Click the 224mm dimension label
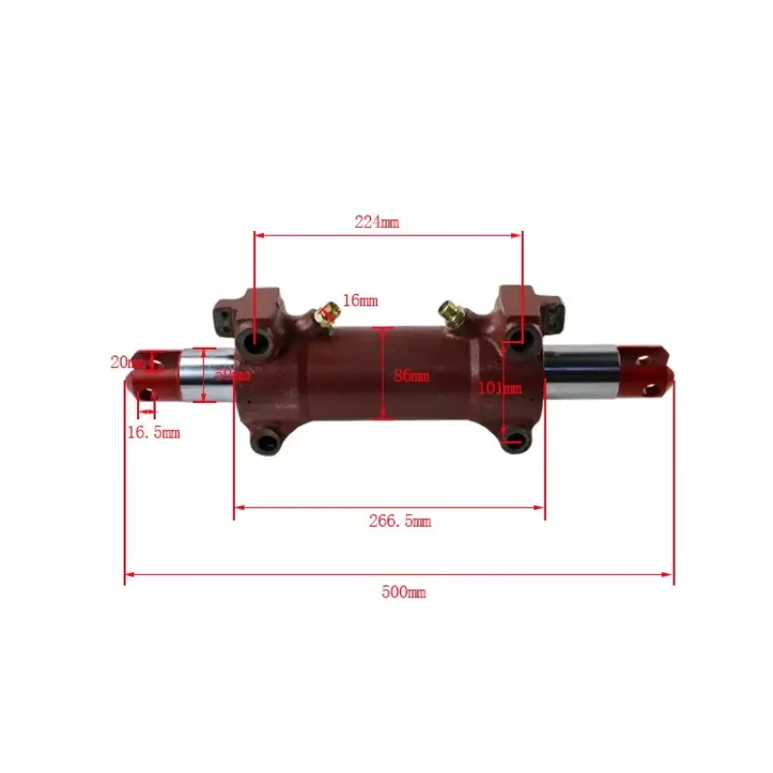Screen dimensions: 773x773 tap(377, 222)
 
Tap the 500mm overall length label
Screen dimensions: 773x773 tap(403, 592)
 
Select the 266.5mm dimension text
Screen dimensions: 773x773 tap(400, 522)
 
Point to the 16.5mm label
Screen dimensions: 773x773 tap(155, 433)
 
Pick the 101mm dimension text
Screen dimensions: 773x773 tap(500, 388)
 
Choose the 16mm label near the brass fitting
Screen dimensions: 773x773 tap(359, 301)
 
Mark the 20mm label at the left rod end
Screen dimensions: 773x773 tap(126, 362)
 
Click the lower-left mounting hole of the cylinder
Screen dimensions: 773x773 tap(265, 444)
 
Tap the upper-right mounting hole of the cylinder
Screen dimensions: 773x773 tap(518, 335)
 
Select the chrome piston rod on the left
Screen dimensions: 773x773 tap(205, 375)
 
